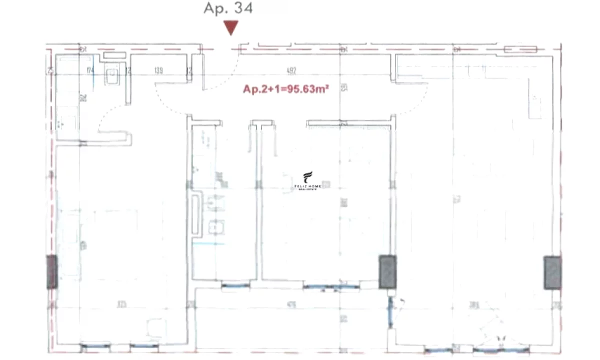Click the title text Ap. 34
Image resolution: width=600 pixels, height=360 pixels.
pos(228,8)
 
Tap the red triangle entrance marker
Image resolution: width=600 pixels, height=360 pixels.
pos(230,28)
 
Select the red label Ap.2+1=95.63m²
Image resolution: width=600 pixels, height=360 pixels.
pos(285,89)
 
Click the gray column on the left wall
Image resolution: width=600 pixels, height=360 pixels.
pos(51,272)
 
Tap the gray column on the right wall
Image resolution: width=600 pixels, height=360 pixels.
pos(552,272)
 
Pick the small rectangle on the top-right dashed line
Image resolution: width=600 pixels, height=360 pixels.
pos(520,49)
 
